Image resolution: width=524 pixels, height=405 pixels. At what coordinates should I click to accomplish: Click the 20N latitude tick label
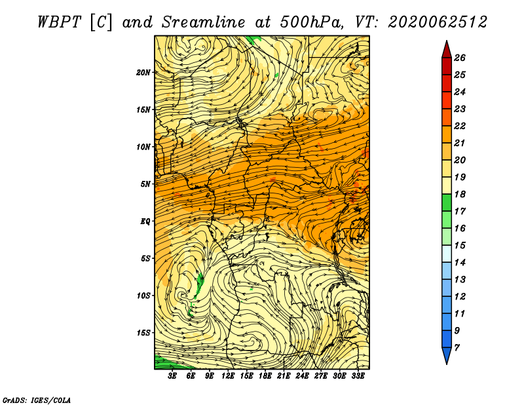[143, 73]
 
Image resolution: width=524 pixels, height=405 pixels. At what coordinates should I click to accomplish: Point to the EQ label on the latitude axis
[145, 222]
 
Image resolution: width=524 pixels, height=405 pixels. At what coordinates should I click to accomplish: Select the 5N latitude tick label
[145, 184]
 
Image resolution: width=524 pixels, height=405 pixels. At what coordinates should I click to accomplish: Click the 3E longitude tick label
[172, 376]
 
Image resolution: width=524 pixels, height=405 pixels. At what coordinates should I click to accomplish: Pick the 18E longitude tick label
[265, 376]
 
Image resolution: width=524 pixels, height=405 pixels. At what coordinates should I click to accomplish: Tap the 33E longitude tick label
[358, 376]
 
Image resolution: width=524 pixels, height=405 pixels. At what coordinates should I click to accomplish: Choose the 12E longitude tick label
[228, 376]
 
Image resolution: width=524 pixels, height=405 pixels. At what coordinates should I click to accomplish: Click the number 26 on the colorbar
[460, 58]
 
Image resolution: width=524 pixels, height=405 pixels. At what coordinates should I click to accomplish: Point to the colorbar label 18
[460, 194]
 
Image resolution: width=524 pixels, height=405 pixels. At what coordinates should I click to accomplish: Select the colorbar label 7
[457, 348]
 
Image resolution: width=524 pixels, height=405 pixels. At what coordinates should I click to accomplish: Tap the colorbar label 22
[460, 126]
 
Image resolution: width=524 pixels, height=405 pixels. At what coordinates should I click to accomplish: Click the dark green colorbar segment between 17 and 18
[447, 202]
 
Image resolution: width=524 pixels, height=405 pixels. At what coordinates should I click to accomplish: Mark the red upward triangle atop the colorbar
[447, 51]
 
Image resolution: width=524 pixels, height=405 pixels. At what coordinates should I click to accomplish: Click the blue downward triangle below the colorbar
[447, 355]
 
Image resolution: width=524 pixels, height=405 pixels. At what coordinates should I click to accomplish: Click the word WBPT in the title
[59, 22]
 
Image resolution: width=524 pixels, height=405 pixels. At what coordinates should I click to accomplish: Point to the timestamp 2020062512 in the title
[438, 22]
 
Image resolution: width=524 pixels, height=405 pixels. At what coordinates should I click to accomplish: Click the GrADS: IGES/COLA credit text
[37, 400]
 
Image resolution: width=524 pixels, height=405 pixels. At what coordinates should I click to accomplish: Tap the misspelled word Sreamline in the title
[204, 22]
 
